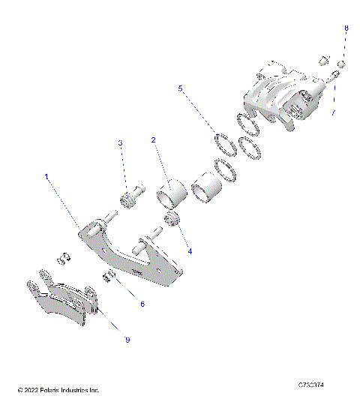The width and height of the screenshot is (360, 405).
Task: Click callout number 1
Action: pos(46,177)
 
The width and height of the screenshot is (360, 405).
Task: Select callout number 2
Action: pos(153,139)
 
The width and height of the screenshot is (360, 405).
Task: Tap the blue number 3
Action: pos(119,142)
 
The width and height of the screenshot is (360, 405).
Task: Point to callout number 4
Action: pos(190,251)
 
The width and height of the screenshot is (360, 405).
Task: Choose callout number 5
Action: pos(180,88)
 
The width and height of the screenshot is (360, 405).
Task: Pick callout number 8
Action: pos(346,28)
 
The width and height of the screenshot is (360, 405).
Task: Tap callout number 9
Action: pos(127,340)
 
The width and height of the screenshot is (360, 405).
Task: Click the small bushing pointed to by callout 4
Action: pos(174,219)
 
